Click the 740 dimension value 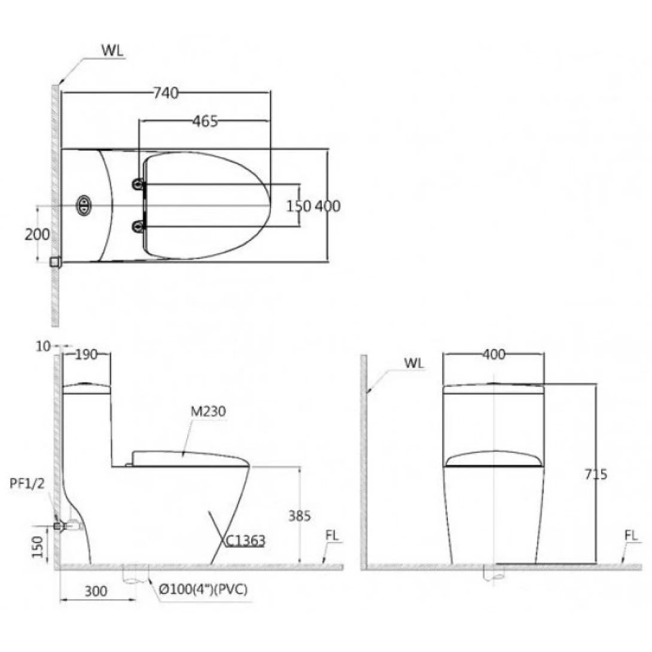click(166, 93)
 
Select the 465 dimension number click(205, 121)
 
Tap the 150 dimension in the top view click(298, 206)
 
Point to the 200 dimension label click(37, 234)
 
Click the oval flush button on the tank click(84, 205)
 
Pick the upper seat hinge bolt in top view click(138, 184)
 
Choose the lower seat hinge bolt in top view click(138, 227)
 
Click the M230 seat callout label click(208, 412)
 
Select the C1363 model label click(245, 540)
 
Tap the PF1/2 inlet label click(27, 483)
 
